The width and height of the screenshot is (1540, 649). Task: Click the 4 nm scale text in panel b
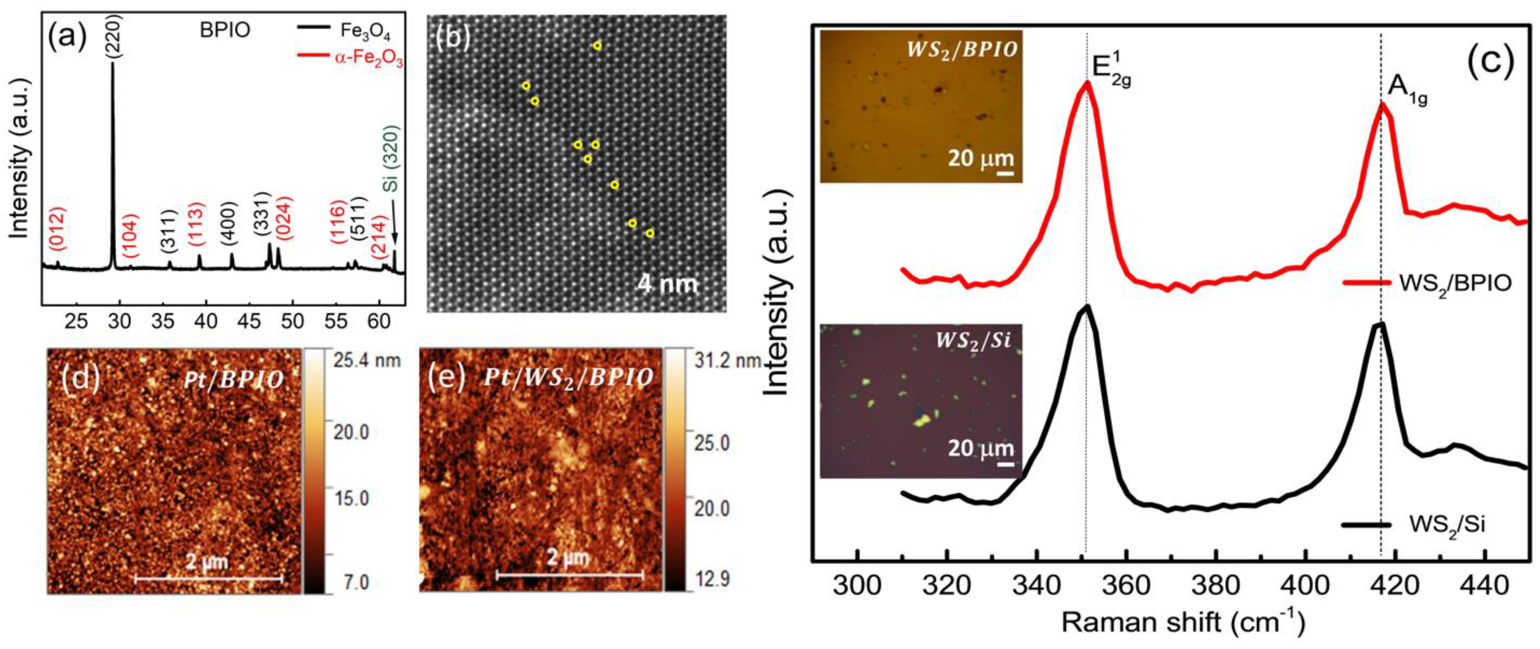pos(667,283)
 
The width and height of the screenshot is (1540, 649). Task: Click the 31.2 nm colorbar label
pos(726,360)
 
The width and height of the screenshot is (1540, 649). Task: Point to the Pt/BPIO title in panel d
pos(234,380)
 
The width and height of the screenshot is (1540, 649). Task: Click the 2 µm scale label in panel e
pos(568,558)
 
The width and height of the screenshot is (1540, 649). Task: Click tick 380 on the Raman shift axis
pos(1215,584)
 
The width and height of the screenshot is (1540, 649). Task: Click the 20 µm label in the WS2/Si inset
pos(980,448)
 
